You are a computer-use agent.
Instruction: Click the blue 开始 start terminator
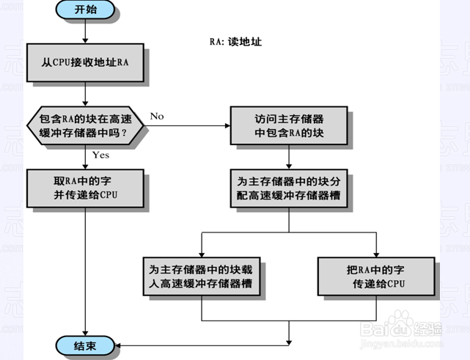[x=85, y=10]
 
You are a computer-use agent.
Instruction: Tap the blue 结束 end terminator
[x=85, y=345]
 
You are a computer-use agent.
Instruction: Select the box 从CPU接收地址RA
[x=85, y=62]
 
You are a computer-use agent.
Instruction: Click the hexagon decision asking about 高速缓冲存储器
[x=85, y=125]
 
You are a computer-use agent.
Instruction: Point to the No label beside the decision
[x=157, y=116]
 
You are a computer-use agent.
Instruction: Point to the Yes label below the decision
[x=100, y=155]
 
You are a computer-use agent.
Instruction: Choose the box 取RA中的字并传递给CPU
[x=85, y=188]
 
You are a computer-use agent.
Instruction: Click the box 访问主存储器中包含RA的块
[x=289, y=125]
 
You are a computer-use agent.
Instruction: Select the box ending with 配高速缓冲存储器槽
[x=289, y=188]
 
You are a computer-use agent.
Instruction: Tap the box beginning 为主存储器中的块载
[x=202, y=276]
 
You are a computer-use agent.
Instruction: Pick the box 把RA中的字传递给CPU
[x=376, y=276]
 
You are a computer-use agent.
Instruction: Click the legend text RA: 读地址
[x=235, y=42]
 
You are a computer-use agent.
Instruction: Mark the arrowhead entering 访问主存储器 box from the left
[x=227, y=125]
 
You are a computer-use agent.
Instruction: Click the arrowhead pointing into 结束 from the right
[x=117, y=345]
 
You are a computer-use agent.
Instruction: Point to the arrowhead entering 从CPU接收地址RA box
[x=85, y=41]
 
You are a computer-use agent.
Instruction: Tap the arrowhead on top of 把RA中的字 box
[x=376, y=254]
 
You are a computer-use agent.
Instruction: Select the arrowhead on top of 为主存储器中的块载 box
[x=202, y=254]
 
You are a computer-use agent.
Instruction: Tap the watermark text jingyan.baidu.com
[x=402, y=344]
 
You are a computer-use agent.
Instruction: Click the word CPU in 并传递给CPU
[x=109, y=195]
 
